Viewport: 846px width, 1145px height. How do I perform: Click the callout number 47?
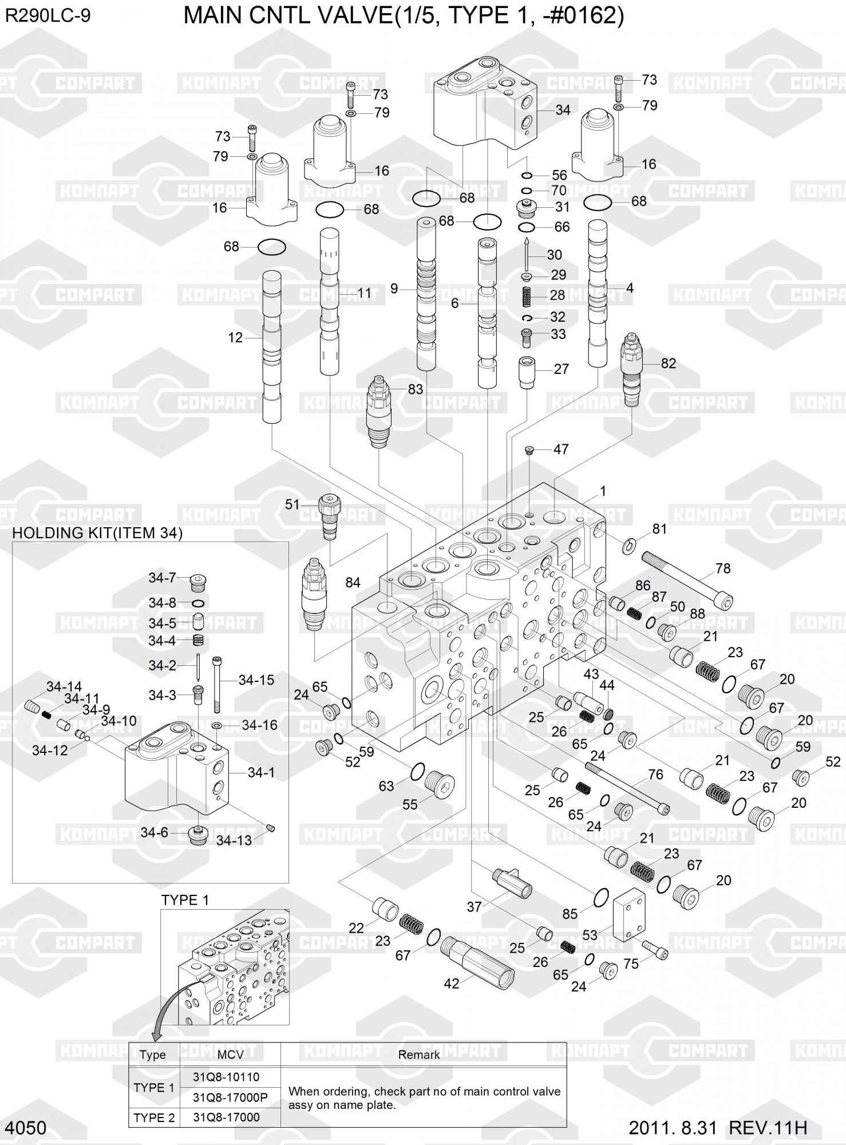point(560,449)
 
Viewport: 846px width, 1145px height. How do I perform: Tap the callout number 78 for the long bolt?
point(723,568)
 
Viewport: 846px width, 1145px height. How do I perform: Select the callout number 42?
point(452,984)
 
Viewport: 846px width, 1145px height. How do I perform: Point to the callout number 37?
point(474,906)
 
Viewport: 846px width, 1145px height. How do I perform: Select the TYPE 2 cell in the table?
point(153,1117)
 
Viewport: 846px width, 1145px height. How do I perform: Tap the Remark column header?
point(419,1055)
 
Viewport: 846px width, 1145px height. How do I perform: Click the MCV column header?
point(230,1055)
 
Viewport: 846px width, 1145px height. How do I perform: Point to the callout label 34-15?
point(256,680)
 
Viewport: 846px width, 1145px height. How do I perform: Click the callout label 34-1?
point(261,772)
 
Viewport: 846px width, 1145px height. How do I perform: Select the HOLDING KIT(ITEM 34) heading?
point(97,533)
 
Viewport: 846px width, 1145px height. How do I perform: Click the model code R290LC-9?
point(48,16)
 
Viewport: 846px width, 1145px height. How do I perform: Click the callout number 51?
point(292,504)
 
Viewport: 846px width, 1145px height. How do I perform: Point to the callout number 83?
point(415,389)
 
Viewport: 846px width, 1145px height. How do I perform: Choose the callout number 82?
point(668,364)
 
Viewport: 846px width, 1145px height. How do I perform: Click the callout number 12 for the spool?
point(235,338)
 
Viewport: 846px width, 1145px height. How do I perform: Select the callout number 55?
point(410,804)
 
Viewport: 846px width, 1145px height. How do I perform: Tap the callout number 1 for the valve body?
point(603,491)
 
